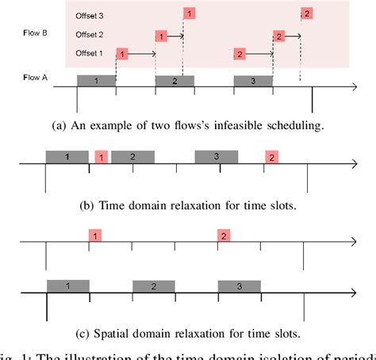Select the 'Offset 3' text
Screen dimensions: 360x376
[89, 15]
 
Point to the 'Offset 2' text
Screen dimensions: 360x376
[89, 35]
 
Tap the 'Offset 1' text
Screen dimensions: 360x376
[89, 53]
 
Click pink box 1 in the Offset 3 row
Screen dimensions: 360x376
[189, 13]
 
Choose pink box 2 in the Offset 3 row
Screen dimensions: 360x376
[307, 13]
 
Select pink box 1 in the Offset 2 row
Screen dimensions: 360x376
[161, 36]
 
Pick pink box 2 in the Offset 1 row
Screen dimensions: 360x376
[239, 54]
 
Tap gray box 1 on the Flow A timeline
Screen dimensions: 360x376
[96, 81]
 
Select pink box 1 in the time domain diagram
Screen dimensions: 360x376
[101, 156]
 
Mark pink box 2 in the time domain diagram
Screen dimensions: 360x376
[270, 157]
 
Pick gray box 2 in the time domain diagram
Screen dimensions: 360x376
[132, 156]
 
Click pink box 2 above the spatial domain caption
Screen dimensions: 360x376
[224, 236]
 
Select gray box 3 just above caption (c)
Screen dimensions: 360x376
[239, 285]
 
